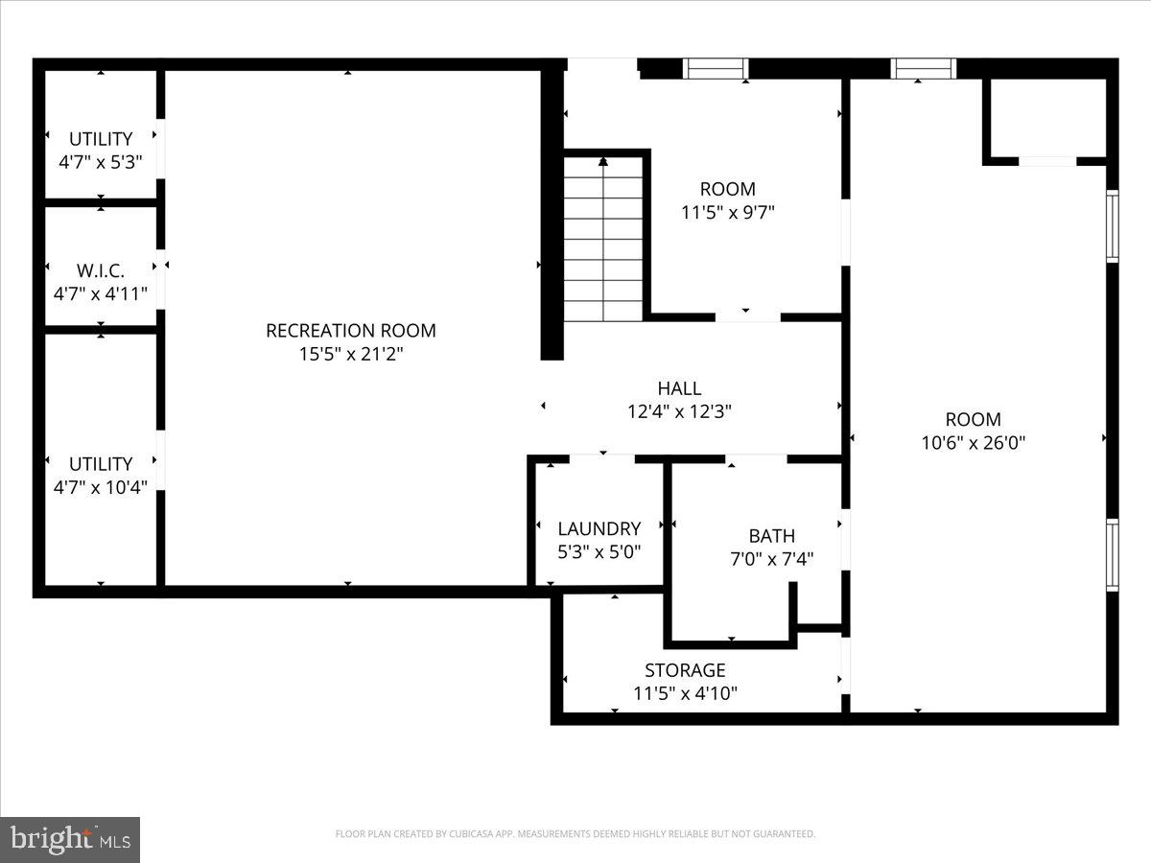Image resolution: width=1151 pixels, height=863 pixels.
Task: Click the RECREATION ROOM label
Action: point(350,331)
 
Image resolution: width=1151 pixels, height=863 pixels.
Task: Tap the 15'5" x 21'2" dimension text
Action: point(350,354)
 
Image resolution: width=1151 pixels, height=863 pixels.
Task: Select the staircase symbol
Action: point(602,240)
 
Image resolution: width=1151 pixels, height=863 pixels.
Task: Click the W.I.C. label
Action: point(101,270)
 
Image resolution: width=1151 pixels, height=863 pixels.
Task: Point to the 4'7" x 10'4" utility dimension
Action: point(101,487)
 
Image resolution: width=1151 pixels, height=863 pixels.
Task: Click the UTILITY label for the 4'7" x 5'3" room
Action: point(101,139)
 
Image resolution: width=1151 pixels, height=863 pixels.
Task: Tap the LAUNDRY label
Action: point(599,528)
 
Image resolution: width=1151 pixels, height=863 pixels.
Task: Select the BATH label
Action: point(771,536)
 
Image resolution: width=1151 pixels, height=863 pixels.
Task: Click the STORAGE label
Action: point(685,670)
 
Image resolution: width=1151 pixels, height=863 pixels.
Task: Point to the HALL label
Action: point(679,388)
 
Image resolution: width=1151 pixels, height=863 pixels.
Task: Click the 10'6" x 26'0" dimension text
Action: point(973,443)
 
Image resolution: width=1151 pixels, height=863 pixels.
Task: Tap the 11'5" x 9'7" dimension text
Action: point(727,212)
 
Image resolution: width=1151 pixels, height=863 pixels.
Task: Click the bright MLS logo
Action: point(70,840)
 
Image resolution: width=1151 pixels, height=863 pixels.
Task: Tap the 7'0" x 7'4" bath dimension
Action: point(771,559)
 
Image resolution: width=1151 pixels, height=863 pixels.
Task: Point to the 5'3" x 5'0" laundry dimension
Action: point(599,551)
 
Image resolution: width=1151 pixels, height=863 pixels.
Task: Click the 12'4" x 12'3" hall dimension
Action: point(679,411)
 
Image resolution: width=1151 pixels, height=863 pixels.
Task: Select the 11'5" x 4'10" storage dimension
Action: point(685,693)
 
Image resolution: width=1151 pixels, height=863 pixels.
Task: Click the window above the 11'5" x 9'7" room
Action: point(716,68)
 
